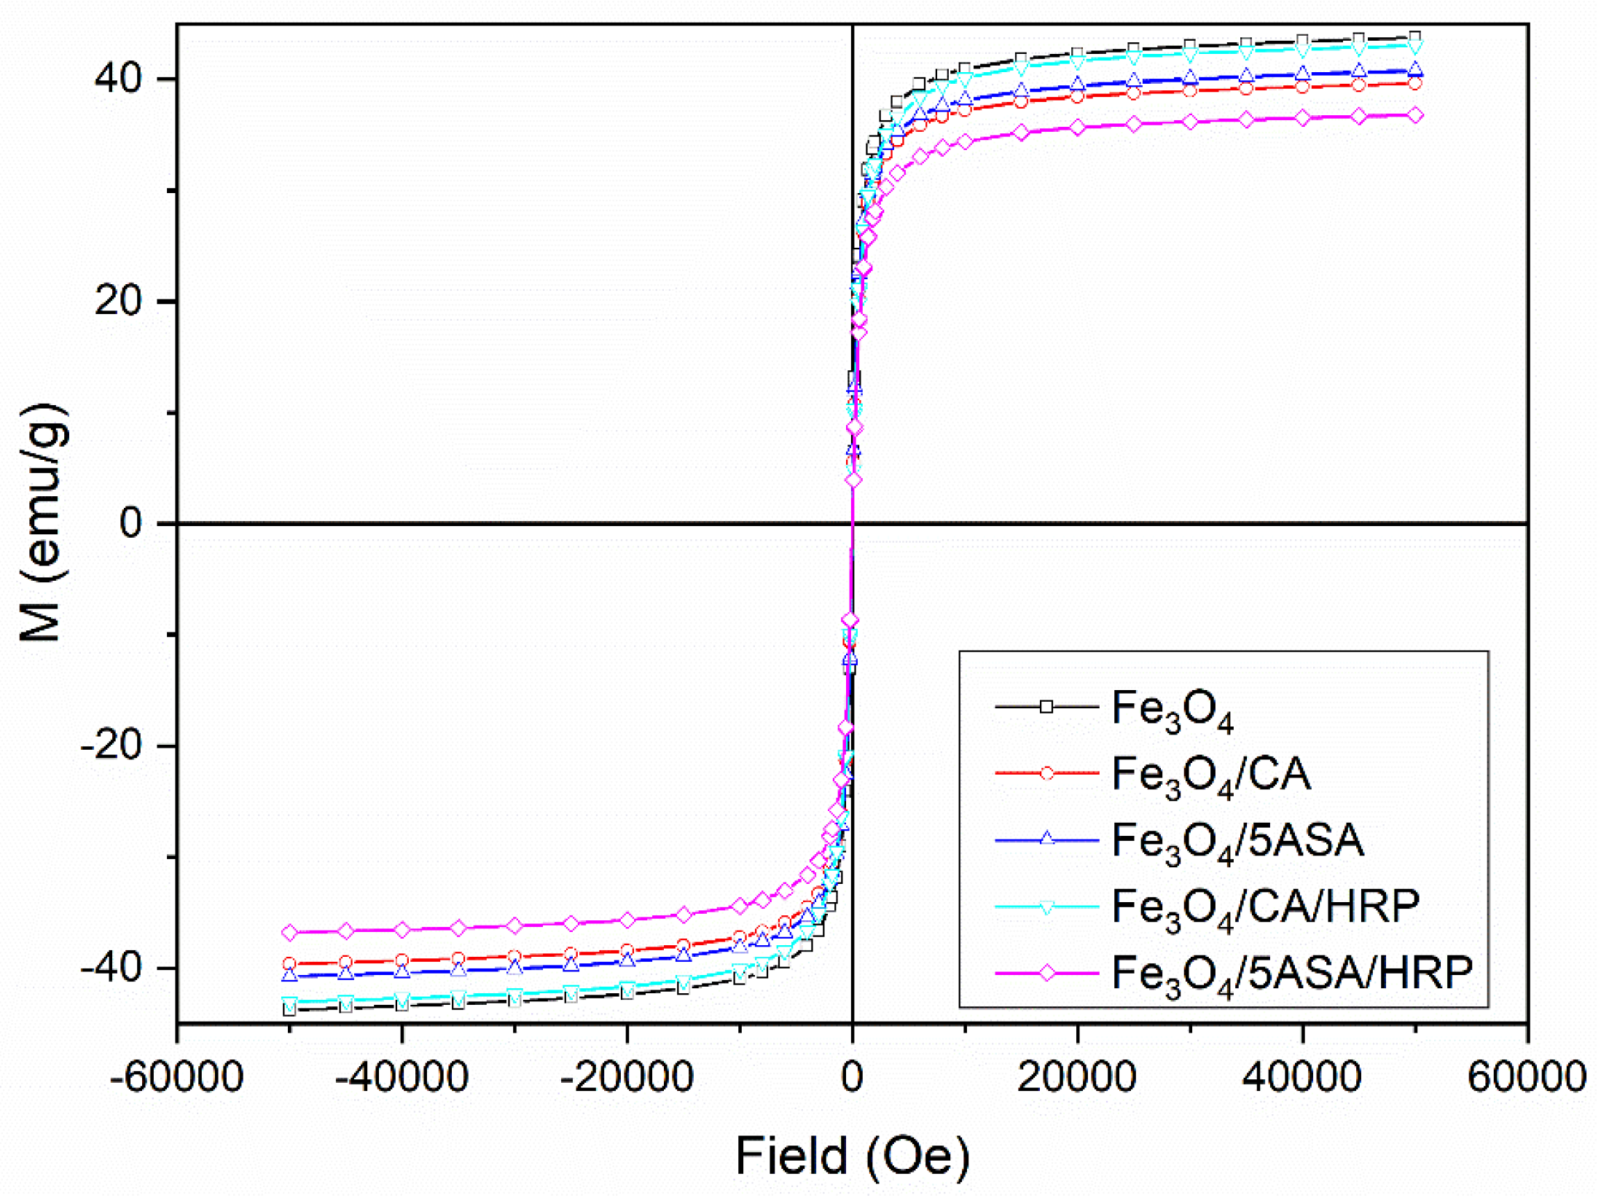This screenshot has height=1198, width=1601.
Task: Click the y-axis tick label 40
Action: pos(119,77)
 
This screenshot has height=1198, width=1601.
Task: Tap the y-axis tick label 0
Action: pos(131,523)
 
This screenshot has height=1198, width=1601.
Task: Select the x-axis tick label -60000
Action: pos(176,1077)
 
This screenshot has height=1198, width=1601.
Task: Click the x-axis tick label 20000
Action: pos(1077,1077)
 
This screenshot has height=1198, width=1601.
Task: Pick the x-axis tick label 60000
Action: pos(1527,1077)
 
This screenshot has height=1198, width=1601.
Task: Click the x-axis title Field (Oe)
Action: pos(853,1156)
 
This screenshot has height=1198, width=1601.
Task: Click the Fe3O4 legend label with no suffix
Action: pos(1173,709)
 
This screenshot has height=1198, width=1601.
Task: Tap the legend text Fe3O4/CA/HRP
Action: pos(1266,909)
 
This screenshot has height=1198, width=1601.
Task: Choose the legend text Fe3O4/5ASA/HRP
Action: pos(1292,974)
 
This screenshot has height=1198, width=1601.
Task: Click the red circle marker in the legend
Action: pos(1047,774)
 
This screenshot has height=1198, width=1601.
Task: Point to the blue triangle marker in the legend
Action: pos(1047,839)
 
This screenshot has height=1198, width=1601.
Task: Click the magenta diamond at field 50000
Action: pos(1415,115)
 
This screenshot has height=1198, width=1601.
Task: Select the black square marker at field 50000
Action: pos(1415,38)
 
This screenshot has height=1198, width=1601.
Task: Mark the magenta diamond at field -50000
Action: pos(290,933)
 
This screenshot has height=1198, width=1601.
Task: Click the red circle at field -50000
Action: pos(290,964)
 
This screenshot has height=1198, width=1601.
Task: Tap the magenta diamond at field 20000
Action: pos(1078,128)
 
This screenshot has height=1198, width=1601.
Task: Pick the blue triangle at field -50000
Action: pos(290,976)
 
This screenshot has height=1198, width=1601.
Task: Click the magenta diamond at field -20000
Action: pos(627,920)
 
